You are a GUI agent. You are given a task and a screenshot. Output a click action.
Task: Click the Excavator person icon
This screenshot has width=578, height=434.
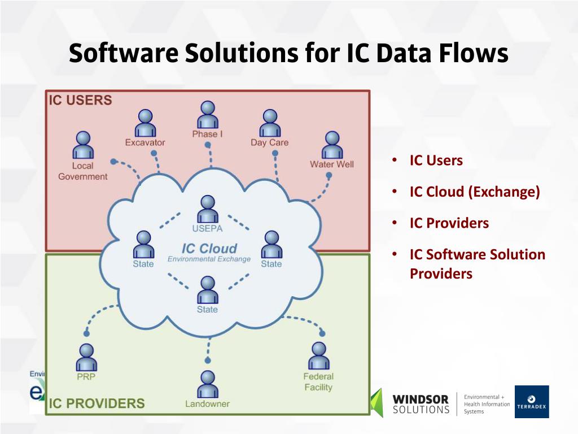(x=145, y=123)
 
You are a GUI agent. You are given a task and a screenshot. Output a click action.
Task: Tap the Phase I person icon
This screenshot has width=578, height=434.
(x=208, y=115)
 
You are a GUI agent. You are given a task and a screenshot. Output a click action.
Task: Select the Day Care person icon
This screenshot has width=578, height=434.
(x=270, y=123)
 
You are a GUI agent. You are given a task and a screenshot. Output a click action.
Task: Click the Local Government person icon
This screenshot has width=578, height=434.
(x=82, y=145)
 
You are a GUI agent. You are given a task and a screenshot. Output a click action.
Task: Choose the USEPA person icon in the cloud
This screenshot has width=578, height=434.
(x=208, y=209)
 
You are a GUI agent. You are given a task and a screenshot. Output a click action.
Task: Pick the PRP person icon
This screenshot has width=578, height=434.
(x=86, y=357)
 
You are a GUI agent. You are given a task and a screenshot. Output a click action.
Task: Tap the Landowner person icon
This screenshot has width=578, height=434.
(x=208, y=384)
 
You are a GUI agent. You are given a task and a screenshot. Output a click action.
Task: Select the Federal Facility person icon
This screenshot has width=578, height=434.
(x=318, y=355)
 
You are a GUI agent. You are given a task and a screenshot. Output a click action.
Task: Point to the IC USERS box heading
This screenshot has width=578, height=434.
(x=80, y=101)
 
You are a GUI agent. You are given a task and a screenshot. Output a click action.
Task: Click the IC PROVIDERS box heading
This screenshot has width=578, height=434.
(x=97, y=403)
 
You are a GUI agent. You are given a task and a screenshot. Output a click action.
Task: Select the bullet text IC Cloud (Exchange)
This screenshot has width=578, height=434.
(x=475, y=192)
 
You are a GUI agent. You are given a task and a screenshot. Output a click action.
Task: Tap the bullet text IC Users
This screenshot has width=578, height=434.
(x=436, y=160)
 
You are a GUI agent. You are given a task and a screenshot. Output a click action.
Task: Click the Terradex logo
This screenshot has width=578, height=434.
(x=531, y=402)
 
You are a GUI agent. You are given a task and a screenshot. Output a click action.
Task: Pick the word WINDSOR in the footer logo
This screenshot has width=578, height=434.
(x=421, y=399)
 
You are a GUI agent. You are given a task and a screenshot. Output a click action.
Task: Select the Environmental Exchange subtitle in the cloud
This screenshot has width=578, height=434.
(x=209, y=259)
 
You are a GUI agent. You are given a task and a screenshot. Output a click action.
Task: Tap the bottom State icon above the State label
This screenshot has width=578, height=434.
(x=208, y=290)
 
